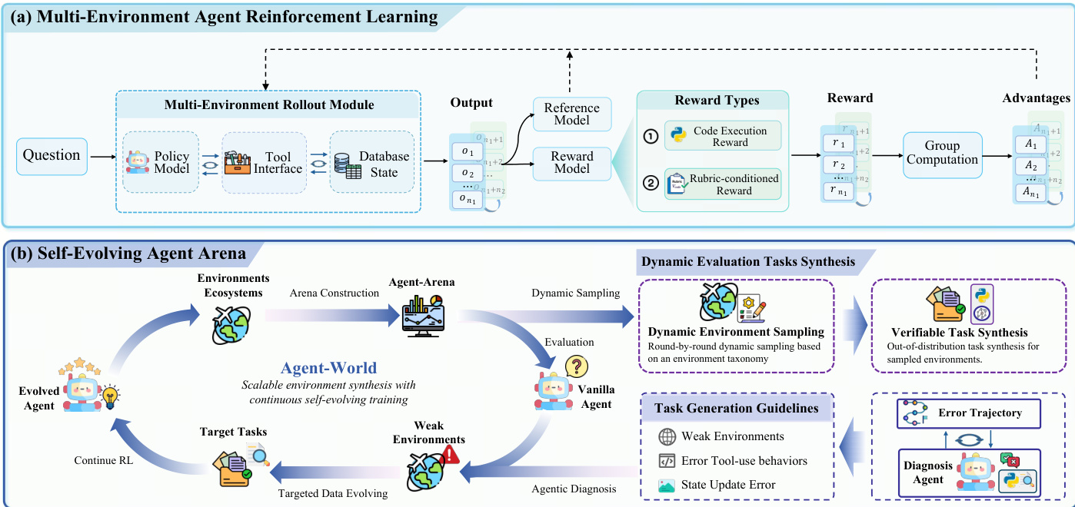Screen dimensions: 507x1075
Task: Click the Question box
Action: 52,156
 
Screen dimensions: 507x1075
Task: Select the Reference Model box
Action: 571,113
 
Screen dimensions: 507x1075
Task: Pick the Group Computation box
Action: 942,152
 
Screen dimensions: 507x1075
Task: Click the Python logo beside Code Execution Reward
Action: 678,136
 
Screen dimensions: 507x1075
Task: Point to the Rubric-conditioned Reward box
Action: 722,184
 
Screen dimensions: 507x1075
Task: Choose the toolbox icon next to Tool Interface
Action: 238,163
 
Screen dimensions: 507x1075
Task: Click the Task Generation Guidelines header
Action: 736,409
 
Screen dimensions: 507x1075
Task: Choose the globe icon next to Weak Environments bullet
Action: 667,436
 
